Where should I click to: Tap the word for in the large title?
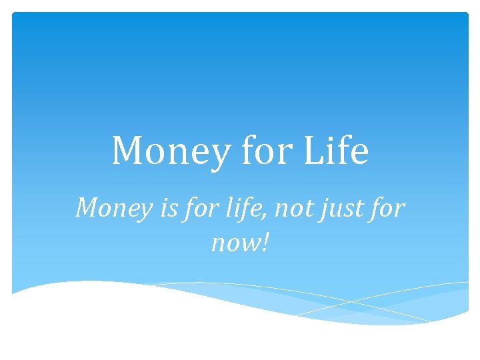click(x=269, y=151)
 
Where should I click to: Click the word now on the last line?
click(x=234, y=244)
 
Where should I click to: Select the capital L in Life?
click(x=313, y=151)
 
